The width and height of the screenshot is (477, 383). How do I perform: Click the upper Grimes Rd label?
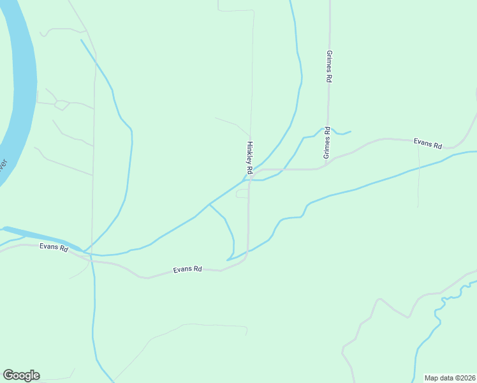(x=329, y=66)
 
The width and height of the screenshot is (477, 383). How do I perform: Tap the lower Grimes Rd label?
(x=326, y=143)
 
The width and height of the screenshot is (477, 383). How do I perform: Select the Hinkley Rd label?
(x=250, y=158)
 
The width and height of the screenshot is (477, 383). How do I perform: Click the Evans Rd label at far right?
(x=427, y=144)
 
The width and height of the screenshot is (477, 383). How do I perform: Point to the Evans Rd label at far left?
(x=54, y=247)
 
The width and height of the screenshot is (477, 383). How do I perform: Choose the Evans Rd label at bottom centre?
(x=187, y=270)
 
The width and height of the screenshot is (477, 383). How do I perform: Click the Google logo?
(x=21, y=375)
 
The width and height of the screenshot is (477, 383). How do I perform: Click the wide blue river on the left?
(x=19, y=83)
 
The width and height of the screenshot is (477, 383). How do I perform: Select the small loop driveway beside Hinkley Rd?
(x=242, y=193)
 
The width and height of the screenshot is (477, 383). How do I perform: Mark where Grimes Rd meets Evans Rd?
(x=327, y=165)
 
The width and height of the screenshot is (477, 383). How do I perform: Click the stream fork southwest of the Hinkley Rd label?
(x=210, y=205)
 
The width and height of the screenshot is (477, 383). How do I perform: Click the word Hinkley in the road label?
(x=249, y=153)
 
